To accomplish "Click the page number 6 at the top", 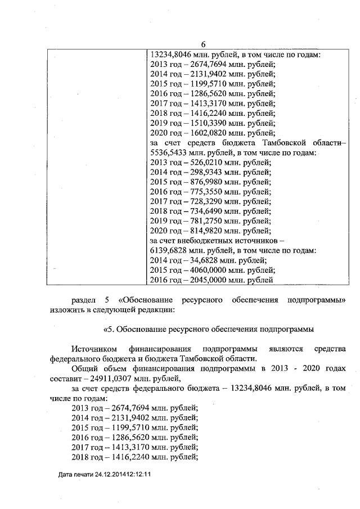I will (x=203, y=45).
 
